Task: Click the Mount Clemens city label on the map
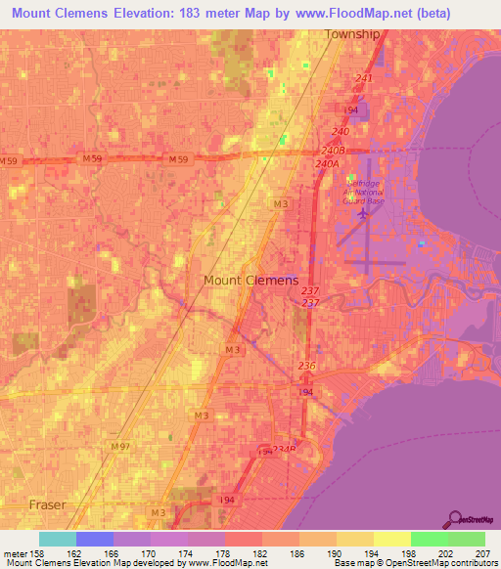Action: click(x=250, y=281)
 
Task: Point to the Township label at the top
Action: click(x=351, y=33)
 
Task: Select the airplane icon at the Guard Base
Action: click(x=364, y=212)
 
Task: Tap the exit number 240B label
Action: click(x=333, y=151)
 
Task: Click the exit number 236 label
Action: click(x=307, y=366)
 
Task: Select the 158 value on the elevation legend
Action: click(x=39, y=553)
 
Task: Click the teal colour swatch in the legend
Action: click(x=58, y=539)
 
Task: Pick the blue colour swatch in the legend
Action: click(x=95, y=539)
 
